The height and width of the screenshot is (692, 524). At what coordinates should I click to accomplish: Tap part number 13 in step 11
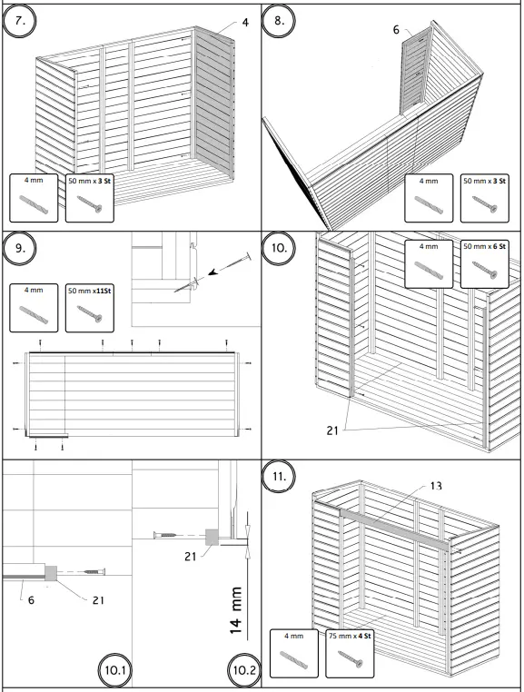(x=436, y=486)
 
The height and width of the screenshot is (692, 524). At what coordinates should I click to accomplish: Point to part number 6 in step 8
(x=396, y=30)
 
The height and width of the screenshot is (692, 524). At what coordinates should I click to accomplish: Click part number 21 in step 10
(x=333, y=431)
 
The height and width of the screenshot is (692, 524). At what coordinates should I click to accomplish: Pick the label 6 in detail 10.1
(x=21, y=599)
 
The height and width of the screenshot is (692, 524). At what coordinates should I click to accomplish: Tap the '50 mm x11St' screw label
(x=89, y=291)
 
